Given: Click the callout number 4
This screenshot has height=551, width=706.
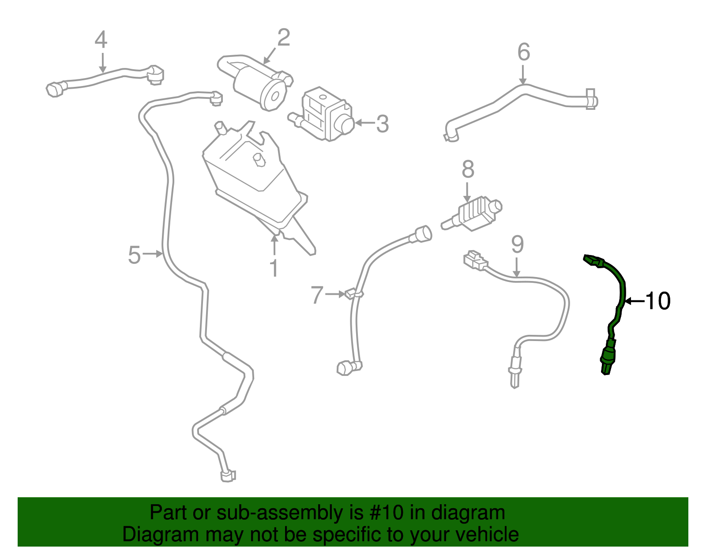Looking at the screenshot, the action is (101, 40).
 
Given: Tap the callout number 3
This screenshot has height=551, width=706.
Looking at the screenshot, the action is (382, 124).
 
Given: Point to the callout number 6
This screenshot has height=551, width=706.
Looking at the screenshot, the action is (523, 52).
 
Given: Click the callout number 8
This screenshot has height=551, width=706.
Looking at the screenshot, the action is (468, 169).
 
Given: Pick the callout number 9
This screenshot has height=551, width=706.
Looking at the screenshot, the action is (517, 244).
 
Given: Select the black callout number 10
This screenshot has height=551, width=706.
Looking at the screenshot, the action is (658, 301).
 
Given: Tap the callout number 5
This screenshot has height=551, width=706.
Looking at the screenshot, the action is (134, 255).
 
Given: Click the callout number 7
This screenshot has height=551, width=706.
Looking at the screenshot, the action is (317, 295).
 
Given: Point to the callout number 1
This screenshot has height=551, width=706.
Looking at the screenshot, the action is (274, 268).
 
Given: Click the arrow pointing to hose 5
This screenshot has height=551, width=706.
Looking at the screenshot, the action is (154, 254).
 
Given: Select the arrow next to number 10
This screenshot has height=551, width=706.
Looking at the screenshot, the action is (635, 301).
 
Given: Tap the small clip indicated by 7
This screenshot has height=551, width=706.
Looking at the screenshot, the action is (353, 293).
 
